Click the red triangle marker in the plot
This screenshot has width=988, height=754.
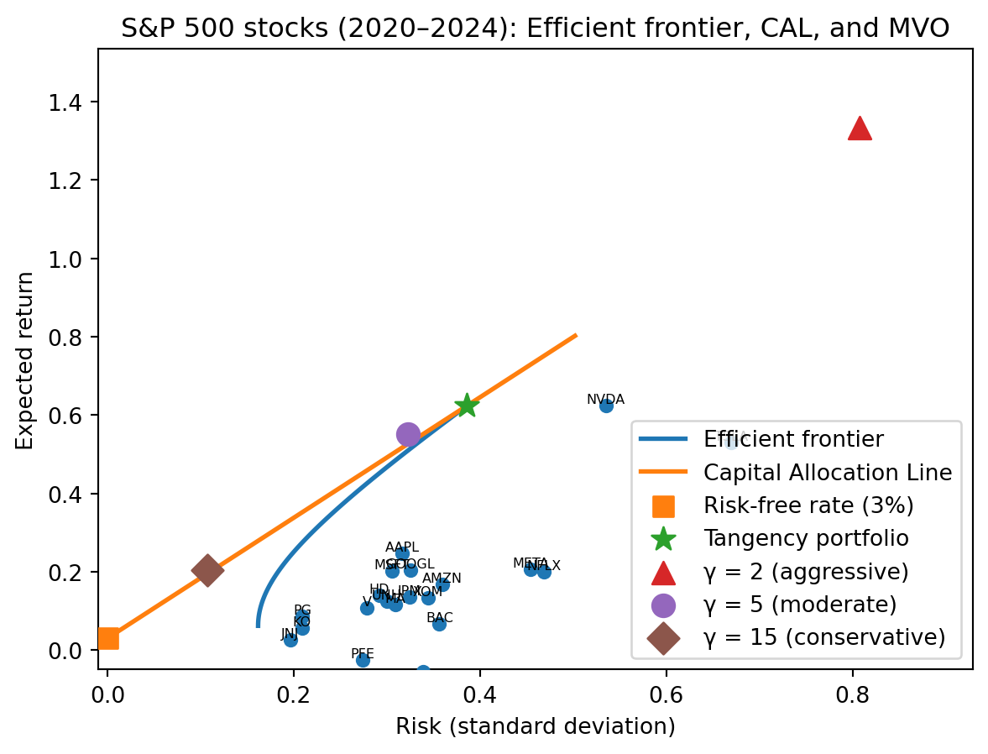(x=860, y=128)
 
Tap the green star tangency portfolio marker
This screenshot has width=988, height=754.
(x=467, y=406)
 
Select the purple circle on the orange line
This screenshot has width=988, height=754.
(x=408, y=434)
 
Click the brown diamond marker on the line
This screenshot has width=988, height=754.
(x=207, y=570)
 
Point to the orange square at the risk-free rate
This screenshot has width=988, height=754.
(x=107, y=638)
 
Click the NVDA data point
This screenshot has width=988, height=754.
(x=606, y=406)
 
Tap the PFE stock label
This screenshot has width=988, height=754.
(x=363, y=653)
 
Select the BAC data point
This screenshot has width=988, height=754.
(x=439, y=624)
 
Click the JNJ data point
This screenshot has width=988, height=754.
(x=290, y=640)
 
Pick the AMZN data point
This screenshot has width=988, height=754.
(x=442, y=584)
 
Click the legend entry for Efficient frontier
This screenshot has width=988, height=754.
(x=793, y=439)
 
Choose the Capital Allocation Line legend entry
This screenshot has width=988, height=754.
(x=828, y=473)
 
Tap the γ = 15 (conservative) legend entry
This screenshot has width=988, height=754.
(x=824, y=637)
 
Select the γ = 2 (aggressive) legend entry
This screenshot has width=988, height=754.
(x=806, y=572)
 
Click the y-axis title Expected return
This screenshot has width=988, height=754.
(x=26, y=360)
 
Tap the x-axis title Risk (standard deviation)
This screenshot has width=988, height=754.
(x=535, y=726)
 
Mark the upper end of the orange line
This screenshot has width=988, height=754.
(x=576, y=336)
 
